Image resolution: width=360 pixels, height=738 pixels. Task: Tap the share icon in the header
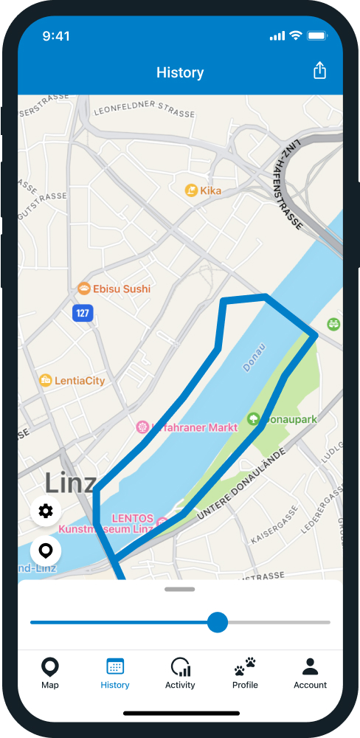click(319, 71)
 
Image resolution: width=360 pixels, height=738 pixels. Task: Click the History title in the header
click(180, 72)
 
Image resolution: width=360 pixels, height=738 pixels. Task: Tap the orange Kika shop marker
click(191, 190)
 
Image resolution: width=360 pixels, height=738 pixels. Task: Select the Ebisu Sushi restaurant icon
click(84, 289)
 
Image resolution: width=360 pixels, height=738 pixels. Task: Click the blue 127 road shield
click(83, 313)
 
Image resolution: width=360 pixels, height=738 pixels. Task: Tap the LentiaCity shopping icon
click(46, 381)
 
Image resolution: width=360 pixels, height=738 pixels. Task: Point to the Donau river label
click(255, 356)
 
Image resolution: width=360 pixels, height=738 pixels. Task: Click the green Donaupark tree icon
click(253, 419)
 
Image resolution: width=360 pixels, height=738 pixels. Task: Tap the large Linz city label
click(70, 483)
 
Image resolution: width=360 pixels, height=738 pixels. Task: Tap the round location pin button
click(46, 551)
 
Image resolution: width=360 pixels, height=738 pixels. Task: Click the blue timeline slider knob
click(217, 622)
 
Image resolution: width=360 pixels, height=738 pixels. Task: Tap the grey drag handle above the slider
click(180, 590)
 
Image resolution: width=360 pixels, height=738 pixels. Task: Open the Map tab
click(50, 673)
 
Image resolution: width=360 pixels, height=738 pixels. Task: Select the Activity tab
click(180, 673)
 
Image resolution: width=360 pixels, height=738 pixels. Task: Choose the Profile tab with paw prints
click(245, 673)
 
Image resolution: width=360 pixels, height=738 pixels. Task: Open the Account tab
click(310, 673)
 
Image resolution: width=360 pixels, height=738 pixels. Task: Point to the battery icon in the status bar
click(317, 36)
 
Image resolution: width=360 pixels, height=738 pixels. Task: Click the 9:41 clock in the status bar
click(56, 36)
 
